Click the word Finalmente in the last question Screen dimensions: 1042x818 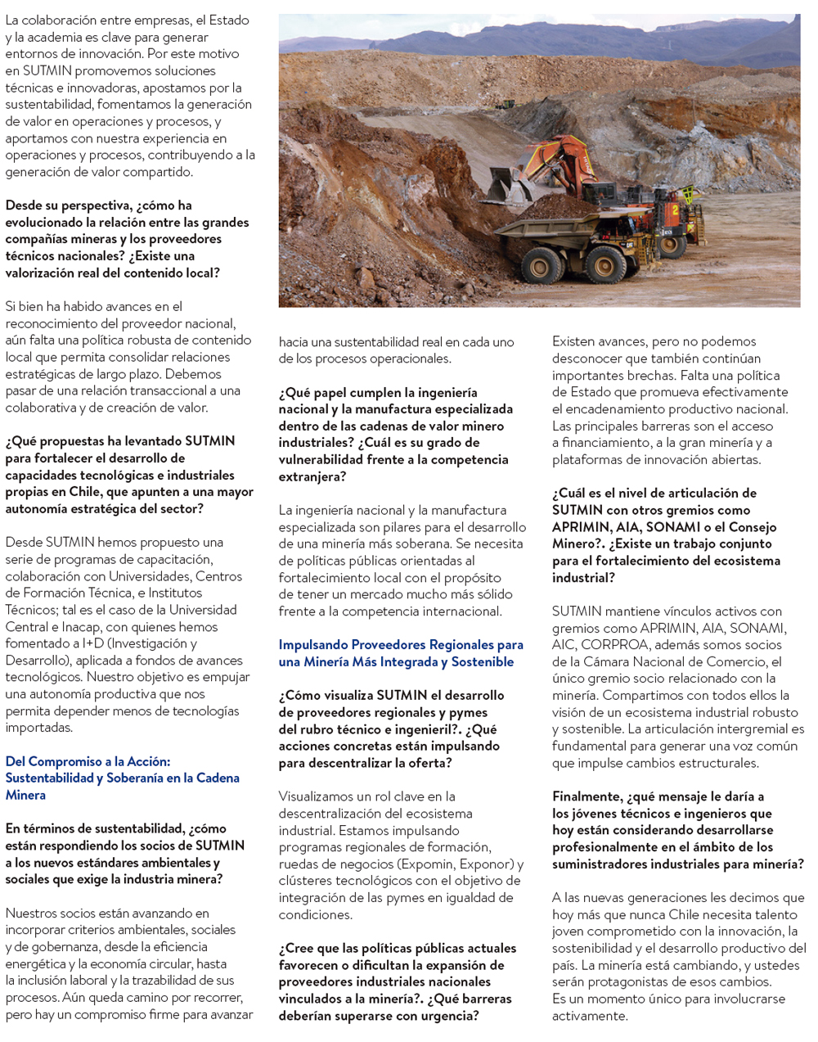click(587, 796)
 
